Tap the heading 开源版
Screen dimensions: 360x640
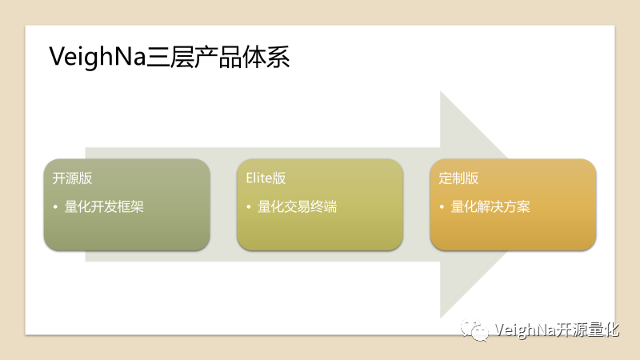pyautogui.click(x=72, y=178)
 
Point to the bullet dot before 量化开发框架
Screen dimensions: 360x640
pyautogui.click(x=55, y=207)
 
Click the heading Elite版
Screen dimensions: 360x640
pyautogui.click(x=266, y=178)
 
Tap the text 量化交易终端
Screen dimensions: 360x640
pyautogui.click(x=297, y=207)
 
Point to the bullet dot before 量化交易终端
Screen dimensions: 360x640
pyautogui.click(x=249, y=207)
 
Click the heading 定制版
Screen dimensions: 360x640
pyautogui.click(x=459, y=178)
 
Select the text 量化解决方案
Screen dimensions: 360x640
pyautogui.click(x=490, y=207)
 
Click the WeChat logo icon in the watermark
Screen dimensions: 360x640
pyautogui.click(x=474, y=330)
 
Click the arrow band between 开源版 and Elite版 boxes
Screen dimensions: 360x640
pyautogui.click(x=223, y=204)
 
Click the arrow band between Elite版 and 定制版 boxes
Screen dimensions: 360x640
pyautogui.click(x=417, y=204)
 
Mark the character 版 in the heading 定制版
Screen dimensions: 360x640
pyautogui.click(x=472, y=178)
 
